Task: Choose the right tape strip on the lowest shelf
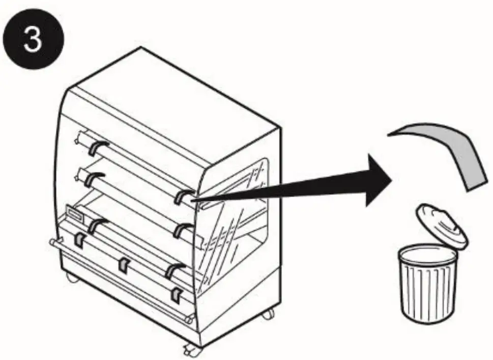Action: pos(173,272)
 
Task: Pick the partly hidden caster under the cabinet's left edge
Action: pos(69,278)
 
